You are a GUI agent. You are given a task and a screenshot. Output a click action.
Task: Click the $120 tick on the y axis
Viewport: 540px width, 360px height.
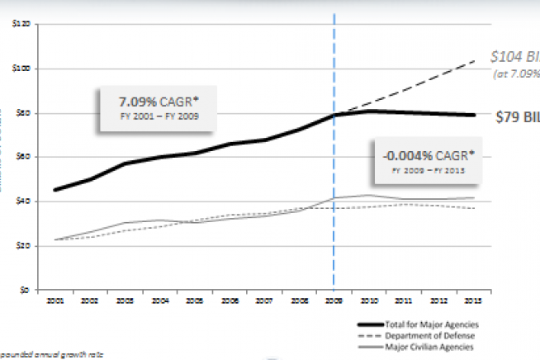click(x=21, y=24)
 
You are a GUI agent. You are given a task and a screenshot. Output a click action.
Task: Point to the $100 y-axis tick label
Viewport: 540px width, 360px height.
click(x=21, y=69)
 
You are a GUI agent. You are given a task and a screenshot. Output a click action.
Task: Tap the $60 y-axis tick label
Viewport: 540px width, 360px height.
click(x=23, y=157)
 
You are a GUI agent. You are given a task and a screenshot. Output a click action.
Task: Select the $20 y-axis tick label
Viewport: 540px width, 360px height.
click(x=23, y=245)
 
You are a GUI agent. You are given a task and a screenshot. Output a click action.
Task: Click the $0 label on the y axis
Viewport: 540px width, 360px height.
click(x=26, y=290)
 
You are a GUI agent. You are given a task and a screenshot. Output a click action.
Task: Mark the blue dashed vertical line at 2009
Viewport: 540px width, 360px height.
click(x=334, y=206)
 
